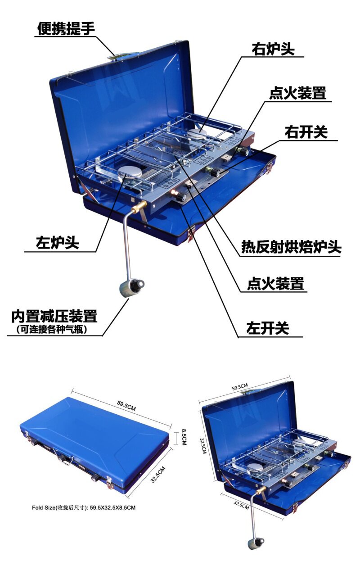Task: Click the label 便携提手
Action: (66, 28)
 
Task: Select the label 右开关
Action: (306, 132)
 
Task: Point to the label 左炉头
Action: (57, 243)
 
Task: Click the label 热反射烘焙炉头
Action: (291, 247)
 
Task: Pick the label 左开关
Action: (268, 328)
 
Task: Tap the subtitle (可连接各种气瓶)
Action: (51, 329)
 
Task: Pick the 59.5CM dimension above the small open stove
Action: (240, 387)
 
